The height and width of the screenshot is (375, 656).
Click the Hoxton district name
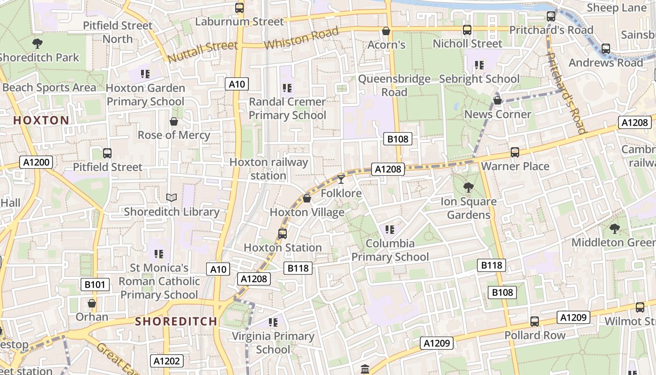(x=41, y=120)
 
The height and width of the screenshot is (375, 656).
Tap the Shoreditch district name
(x=176, y=322)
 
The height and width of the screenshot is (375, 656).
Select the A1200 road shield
(x=36, y=163)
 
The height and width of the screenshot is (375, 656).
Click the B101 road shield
(x=95, y=285)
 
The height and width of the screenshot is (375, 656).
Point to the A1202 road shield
(x=167, y=361)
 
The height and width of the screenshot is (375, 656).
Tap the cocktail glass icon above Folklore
(x=341, y=179)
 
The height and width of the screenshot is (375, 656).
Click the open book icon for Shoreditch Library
(x=171, y=198)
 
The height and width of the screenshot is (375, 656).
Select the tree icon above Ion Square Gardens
(x=468, y=187)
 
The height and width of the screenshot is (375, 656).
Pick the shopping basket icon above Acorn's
(x=386, y=31)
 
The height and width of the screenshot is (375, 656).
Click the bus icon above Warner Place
(x=515, y=152)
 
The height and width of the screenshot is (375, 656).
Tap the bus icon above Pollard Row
(x=535, y=322)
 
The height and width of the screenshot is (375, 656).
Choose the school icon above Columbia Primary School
(x=389, y=230)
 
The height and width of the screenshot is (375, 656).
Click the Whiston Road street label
(x=301, y=38)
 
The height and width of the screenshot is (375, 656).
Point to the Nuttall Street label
(x=202, y=52)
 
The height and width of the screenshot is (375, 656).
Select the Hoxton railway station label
(x=268, y=169)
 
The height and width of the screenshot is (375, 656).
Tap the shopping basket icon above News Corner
(x=498, y=100)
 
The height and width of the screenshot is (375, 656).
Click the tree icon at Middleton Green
(x=614, y=228)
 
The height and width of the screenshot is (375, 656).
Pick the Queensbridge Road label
(x=394, y=85)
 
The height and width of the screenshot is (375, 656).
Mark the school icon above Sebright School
(x=479, y=65)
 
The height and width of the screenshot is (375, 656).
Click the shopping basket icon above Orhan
(x=92, y=303)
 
